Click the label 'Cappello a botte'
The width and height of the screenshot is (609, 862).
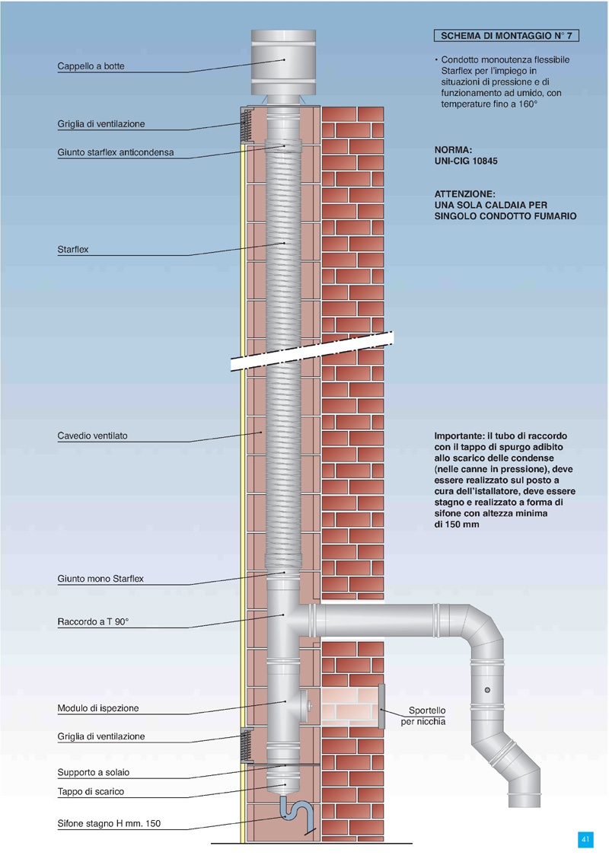pos(91,66)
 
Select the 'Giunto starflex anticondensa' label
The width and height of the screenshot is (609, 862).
pos(115,152)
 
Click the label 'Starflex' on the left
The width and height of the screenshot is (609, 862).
pos(73,249)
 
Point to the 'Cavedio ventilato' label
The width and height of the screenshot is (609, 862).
pos(92,436)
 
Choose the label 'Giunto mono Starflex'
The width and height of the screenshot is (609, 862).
pos(100,579)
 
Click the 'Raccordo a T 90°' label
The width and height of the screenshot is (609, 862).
pos(93,622)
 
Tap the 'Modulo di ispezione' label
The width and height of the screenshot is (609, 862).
pos(98,708)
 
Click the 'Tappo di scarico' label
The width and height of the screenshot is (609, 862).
pos(91,791)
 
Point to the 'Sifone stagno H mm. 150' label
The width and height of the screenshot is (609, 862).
pos(109,823)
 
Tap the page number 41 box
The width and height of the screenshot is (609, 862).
pos(585,839)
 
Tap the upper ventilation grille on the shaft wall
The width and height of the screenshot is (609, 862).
pos(246,125)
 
